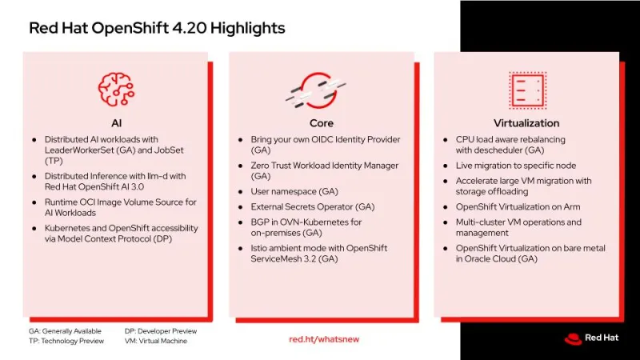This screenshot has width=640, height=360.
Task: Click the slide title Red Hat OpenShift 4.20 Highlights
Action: click(x=157, y=29)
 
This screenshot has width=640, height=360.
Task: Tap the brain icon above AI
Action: click(x=115, y=89)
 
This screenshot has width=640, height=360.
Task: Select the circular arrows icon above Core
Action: click(x=321, y=90)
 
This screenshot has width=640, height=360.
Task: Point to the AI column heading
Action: click(x=116, y=123)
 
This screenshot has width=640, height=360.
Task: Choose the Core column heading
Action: click(x=321, y=123)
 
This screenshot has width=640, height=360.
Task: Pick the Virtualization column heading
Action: click(x=526, y=123)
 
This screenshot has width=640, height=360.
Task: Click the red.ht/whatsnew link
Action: click(x=324, y=339)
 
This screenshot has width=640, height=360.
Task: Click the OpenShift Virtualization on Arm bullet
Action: click(x=517, y=206)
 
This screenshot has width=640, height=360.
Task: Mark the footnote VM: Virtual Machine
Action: click(x=156, y=341)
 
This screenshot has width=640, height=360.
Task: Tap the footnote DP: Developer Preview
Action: click(x=161, y=330)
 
